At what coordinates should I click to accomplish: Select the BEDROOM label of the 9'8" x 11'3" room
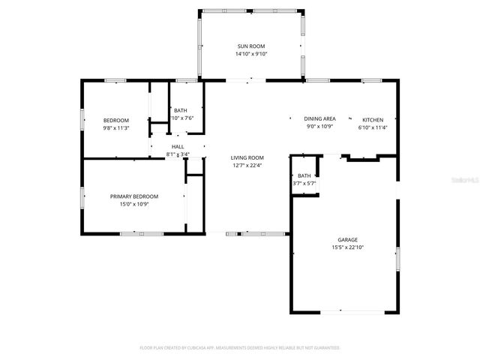pos(116,120)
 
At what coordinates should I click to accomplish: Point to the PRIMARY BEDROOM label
pos(134,196)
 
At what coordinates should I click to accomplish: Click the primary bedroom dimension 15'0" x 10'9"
pos(134,204)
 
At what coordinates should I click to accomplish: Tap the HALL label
pos(178,147)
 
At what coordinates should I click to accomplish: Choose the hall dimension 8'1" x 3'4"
pos(178,154)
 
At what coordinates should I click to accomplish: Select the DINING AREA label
pos(319,119)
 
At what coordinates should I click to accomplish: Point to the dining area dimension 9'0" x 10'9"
pos(319,127)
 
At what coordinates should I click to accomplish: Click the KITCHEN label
pos(373,120)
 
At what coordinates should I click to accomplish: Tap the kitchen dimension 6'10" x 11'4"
pos(373,127)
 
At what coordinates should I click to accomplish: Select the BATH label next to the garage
pos(304,175)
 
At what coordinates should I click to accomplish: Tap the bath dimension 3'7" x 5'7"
pos(304,183)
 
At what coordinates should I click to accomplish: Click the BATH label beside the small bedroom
pos(181,110)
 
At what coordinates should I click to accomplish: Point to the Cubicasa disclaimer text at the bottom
pos(240,348)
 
